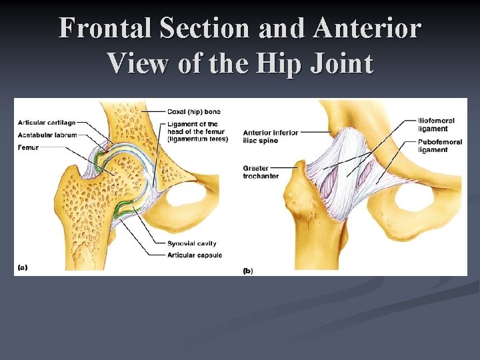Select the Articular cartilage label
(47, 123)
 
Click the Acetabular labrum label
(47, 135)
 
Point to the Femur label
(29, 147)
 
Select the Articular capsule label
(195, 255)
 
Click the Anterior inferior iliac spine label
(270, 136)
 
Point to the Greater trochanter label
(261, 172)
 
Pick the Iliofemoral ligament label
(436, 125)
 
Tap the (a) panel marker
(22, 268)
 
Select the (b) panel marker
(247, 270)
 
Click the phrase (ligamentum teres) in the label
(198, 139)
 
